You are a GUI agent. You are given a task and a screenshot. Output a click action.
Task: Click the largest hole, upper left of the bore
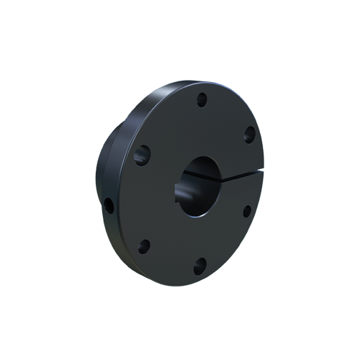(x=142, y=153)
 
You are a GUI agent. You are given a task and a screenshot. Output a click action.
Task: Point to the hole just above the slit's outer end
(x=250, y=133)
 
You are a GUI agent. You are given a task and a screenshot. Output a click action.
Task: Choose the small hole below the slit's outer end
(x=247, y=210)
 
